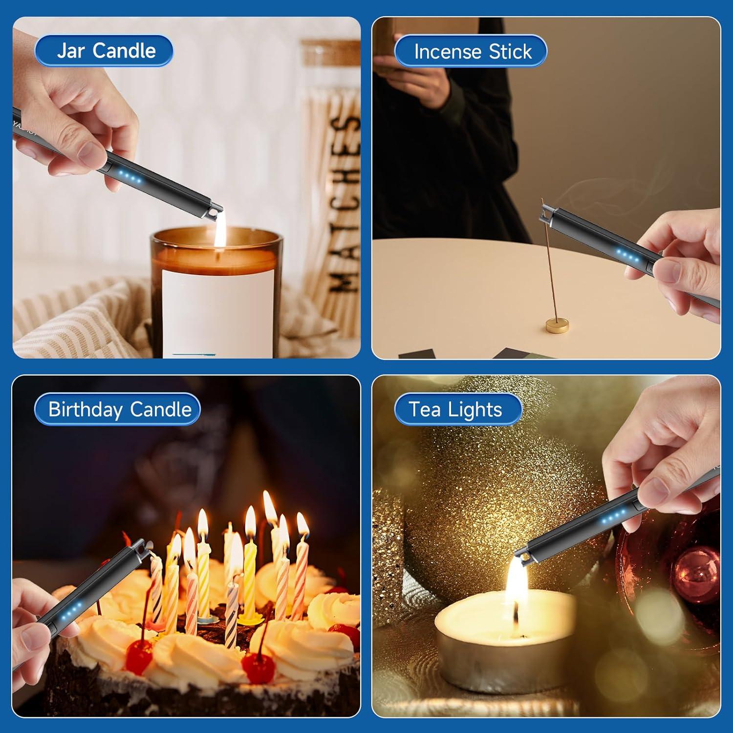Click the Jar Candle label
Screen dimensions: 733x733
pyautogui.click(x=104, y=51)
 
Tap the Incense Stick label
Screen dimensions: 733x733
pyautogui.click(x=471, y=51)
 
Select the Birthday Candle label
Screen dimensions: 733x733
pyautogui.click(x=117, y=409)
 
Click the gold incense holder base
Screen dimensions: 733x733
pyautogui.click(x=558, y=324)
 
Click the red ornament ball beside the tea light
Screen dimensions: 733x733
pyautogui.click(x=694, y=572)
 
